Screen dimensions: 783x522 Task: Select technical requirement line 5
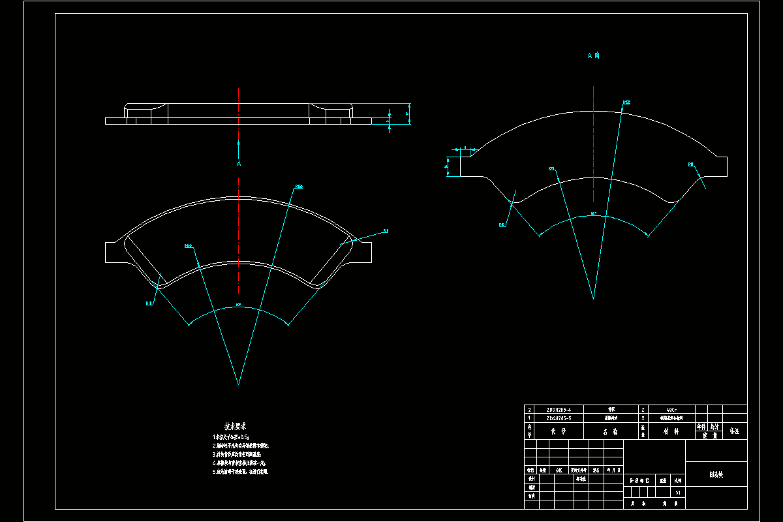(239, 470)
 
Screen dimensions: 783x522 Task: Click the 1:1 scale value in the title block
(679, 492)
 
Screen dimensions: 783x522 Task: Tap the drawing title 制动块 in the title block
(716, 475)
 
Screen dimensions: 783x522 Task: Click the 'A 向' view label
(593, 56)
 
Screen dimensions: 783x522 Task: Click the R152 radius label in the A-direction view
(626, 102)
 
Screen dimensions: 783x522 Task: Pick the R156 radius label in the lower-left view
(299, 187)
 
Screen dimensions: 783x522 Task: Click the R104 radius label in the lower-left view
(189, 246)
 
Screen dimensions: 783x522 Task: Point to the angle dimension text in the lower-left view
(238, 305)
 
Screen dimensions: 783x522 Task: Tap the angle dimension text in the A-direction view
(593, 213)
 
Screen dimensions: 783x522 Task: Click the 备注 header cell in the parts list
(734, 431)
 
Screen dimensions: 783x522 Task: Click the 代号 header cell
(558, 431)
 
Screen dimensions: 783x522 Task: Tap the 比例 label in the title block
(679, 480)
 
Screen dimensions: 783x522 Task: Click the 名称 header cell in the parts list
(610, 431)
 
